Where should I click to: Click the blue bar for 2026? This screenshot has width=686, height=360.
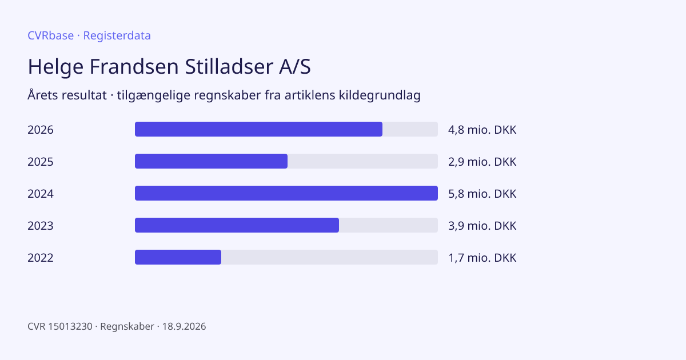258,129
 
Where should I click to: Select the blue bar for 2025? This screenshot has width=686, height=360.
211,161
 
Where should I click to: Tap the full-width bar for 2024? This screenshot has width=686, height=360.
286,193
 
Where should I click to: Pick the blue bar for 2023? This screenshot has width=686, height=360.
237,225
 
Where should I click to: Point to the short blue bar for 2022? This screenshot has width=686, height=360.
178,257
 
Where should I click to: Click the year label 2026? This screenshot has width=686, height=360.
41,130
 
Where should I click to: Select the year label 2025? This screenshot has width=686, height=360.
41,162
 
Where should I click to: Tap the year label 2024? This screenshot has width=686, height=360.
41,194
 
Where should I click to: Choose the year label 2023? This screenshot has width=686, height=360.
41,226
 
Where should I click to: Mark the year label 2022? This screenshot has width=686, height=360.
41,258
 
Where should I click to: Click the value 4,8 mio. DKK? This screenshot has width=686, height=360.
482,130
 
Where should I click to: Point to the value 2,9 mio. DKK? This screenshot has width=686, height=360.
482,162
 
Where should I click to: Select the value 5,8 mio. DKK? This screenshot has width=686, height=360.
482,194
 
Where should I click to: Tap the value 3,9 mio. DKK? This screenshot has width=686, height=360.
482,226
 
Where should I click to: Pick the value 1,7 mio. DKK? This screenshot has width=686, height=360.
482,258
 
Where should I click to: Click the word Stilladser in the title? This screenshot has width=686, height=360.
229,66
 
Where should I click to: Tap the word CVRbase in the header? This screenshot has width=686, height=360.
50,35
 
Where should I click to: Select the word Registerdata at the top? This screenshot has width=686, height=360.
117,35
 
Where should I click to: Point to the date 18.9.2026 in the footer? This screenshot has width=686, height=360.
184,326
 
